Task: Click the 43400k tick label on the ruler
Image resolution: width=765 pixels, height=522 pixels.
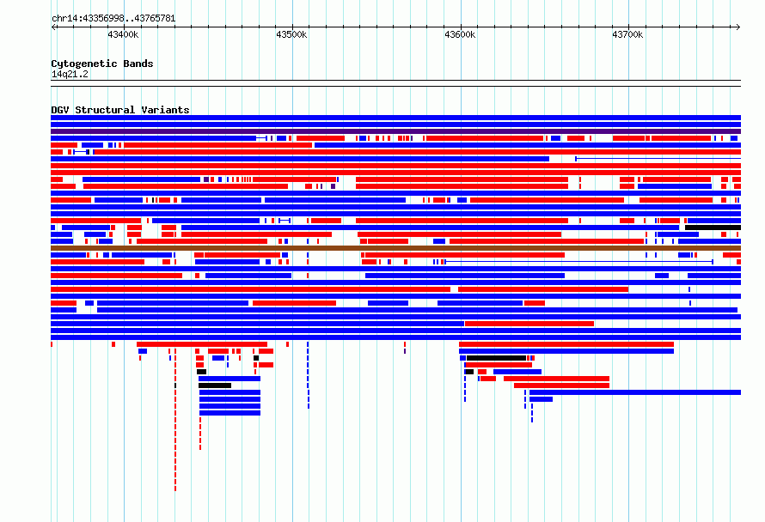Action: click(x=123, y=34)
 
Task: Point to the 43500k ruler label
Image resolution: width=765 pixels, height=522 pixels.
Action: click(x=291, y=34)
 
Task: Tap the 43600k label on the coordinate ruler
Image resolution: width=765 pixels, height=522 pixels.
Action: click(x=460, y=34)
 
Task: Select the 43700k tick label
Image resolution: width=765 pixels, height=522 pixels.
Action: click(x=627, y=34)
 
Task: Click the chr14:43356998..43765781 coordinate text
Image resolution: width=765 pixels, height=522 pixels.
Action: click(x=113, y=19)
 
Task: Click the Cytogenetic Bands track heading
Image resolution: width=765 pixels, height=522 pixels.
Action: click(x=102, y=64)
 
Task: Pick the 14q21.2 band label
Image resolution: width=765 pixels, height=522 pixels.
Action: click(x=70, y=74)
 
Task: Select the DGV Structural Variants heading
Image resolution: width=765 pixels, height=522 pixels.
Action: click(x=120, y=110)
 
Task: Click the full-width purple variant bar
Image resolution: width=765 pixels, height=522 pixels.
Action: click(x=395, y=131)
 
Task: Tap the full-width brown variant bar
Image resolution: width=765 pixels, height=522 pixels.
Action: click(x=395, y=248)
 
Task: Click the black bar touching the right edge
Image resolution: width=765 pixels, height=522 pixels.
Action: click(x=713, y=228)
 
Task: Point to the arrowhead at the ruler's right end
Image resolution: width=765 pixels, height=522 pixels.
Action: click(x=738, y=27)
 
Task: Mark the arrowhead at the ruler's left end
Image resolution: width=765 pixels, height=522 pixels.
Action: click(x=53, y=27)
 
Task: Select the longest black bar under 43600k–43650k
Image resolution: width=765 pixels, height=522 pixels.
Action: click(x=496, y=358)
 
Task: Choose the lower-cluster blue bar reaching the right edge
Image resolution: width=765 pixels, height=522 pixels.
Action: click(x=635, y=392)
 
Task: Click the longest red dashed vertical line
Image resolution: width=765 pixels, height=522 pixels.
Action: click(x=175, y=420)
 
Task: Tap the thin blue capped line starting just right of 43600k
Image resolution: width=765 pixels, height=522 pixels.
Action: click(x=578, y=262)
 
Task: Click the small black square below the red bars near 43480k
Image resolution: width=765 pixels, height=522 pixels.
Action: click(x=256, y=358)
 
